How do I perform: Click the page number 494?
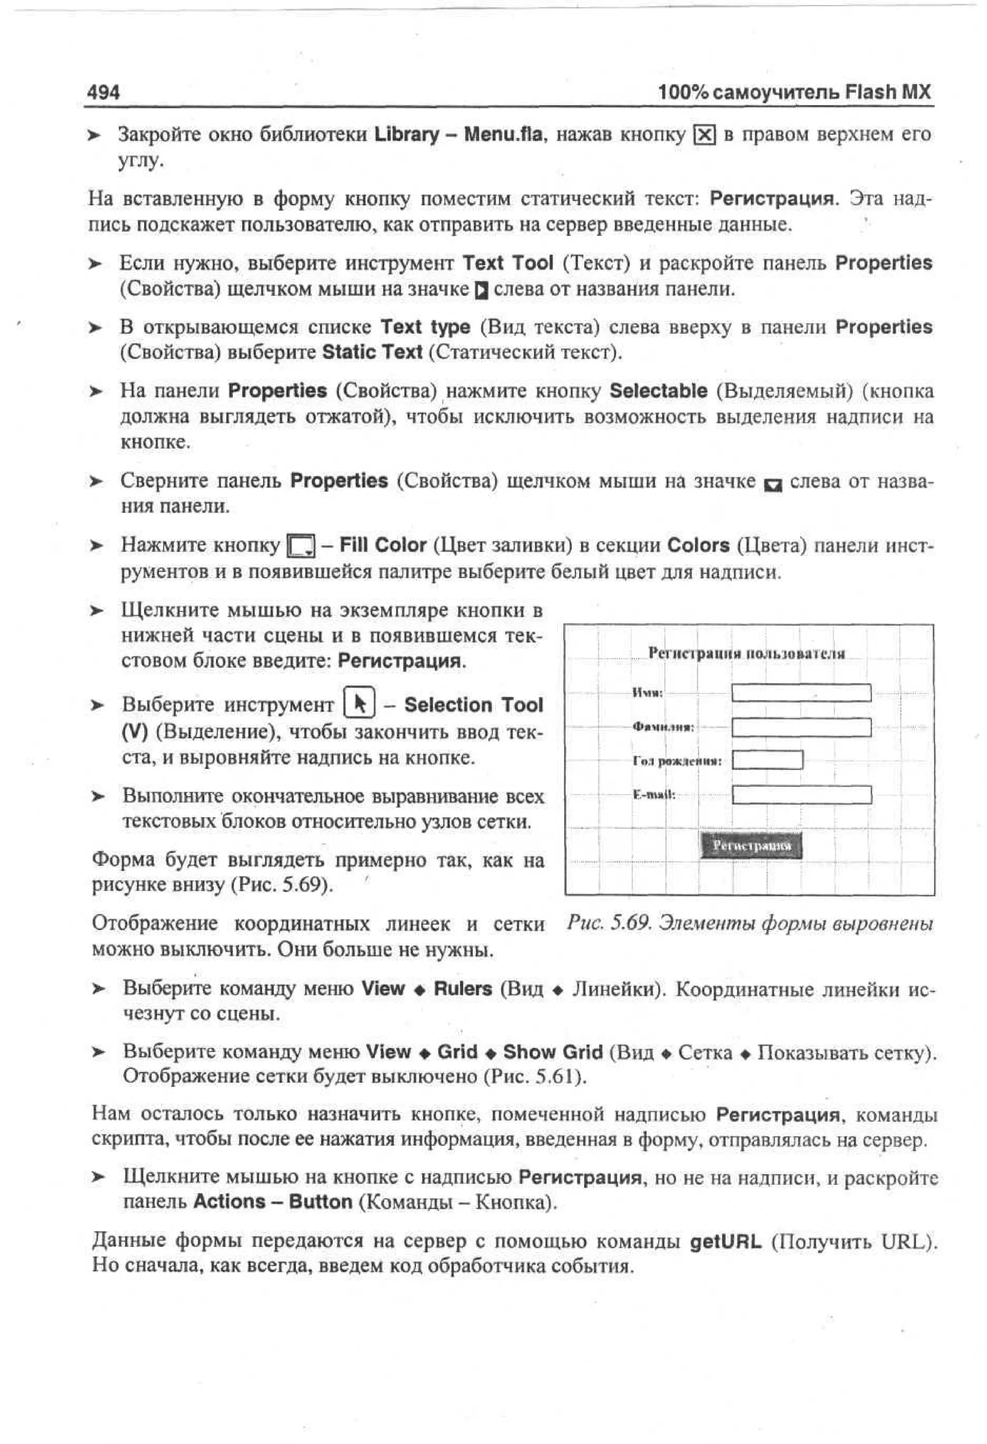[103, 93]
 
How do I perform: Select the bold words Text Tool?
[507, 263]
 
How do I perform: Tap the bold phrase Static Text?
[372, 352]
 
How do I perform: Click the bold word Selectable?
[658, 391]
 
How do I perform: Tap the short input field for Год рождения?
[767, 760]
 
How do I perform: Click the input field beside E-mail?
[801, 795]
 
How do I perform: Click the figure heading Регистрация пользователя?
[746, 653]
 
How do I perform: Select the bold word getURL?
[725, 1242]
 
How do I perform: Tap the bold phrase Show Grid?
[552, 1052]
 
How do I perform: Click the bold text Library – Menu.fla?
[458, 134]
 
